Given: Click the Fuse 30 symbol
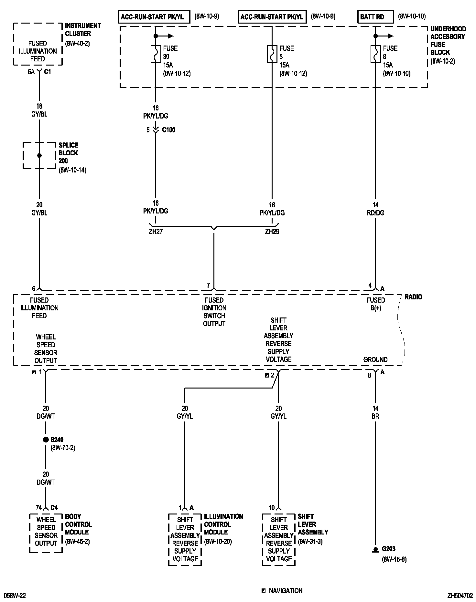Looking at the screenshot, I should click(156, 54).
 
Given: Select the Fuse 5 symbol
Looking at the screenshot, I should click(272, 54).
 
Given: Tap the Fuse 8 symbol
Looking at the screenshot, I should click(375, 54).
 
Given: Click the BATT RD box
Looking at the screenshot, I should click(375, 17).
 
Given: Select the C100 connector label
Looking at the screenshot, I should click(168, 130).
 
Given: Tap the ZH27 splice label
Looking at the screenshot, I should click(156, 232).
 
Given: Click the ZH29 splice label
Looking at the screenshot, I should click(272, 232).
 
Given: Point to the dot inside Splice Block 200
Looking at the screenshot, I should click(39, 155).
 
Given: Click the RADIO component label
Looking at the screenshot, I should click(413, 297).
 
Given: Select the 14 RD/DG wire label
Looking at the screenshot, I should click(375, 209).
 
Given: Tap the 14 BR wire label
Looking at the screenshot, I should click(375, 412).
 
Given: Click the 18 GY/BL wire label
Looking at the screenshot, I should click(39, 110).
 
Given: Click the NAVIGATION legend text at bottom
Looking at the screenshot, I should click(286, 591).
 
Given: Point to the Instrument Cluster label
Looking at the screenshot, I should click(83, 29).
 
